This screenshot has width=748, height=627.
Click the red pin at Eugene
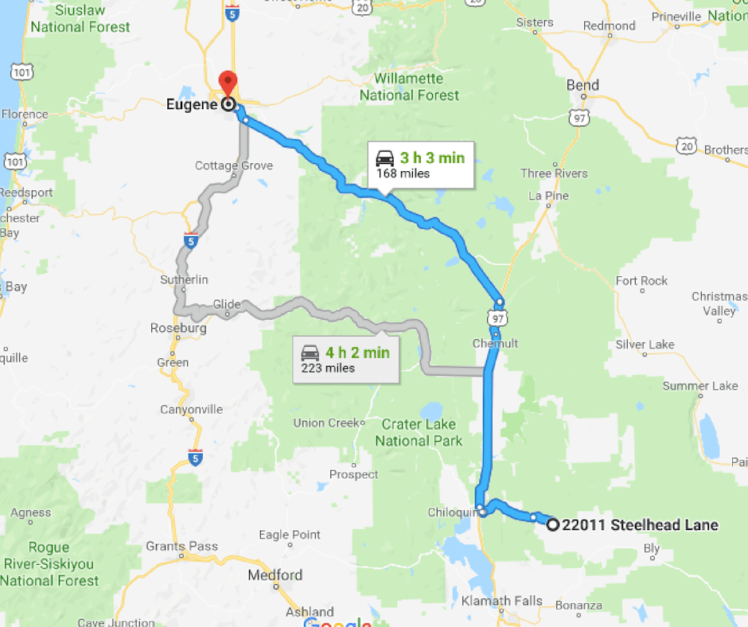click(228, 83)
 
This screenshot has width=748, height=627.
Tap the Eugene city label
click(193, 103)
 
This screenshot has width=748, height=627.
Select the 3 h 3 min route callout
click(421, 165)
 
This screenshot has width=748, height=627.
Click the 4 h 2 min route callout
click(345, 359)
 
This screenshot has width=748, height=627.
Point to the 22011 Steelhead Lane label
click(640, 524)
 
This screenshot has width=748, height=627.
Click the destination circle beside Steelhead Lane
click(553, 524)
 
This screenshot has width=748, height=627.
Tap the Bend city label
click(582, 85)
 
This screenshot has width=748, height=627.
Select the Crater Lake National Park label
click(419, 432)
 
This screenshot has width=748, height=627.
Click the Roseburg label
click(178, 328)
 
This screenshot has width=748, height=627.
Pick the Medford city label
click(275, 575)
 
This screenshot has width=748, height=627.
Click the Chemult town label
click(495, 344)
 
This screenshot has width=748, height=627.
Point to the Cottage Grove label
click(234, 166)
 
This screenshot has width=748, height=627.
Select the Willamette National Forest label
click(409, 87)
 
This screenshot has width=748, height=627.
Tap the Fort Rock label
click(641, 280)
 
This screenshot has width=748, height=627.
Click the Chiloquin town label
click(450, 512)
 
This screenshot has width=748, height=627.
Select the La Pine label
click(547, 196)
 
